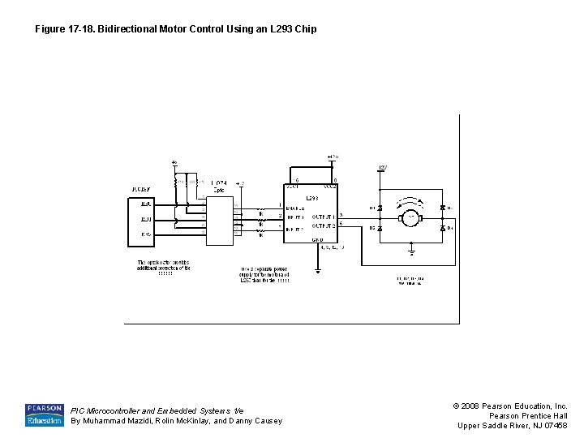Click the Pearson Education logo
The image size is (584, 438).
point(44,414)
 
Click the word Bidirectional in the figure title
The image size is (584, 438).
point(128,29)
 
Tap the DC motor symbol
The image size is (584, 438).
point(411,217)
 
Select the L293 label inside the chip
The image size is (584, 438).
point(311,197)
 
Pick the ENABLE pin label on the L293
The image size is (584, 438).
point(295,208)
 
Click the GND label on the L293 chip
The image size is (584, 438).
point(318,240)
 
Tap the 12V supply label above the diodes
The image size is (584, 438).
point(382,168)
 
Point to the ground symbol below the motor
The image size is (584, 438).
point(411,252)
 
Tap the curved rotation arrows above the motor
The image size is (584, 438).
point(411,200)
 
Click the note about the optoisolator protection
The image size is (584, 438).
point(164,268)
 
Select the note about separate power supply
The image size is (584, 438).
point(264,274)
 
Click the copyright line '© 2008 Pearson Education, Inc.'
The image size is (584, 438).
point(513,406)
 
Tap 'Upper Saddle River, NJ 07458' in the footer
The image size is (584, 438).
point(513,426)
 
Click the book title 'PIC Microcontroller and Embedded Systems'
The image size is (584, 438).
point(156,410)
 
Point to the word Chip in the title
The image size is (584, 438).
point(305,29)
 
